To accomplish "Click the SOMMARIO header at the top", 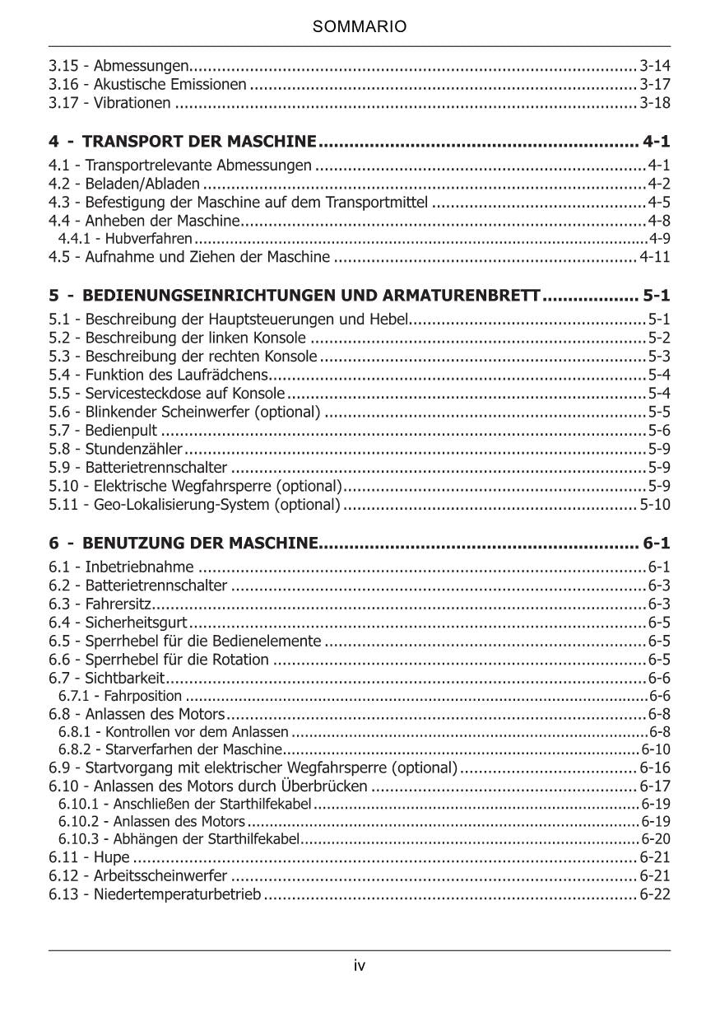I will point(360,27).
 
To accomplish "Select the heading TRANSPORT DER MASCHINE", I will point(199,142).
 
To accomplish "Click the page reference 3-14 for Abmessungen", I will point(655,65).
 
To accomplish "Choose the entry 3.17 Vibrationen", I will point(109,103).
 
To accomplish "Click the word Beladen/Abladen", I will point(142,184).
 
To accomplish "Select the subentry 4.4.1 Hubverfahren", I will point(125,239).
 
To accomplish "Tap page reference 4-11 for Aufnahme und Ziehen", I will point(655,257).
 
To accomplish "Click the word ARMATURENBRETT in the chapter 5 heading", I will point(467,295).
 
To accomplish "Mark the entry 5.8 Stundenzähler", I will point(115,449).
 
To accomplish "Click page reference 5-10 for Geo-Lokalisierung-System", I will point(655,505).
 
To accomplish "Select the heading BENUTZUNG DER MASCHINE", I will point(200,544).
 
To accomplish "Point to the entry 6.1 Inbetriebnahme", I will point(121,567).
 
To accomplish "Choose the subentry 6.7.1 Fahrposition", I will point(120,697).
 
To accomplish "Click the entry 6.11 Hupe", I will point(89,857).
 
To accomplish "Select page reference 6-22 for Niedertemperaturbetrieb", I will point(655,894).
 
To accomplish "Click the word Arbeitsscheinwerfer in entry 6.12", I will point(160,875).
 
